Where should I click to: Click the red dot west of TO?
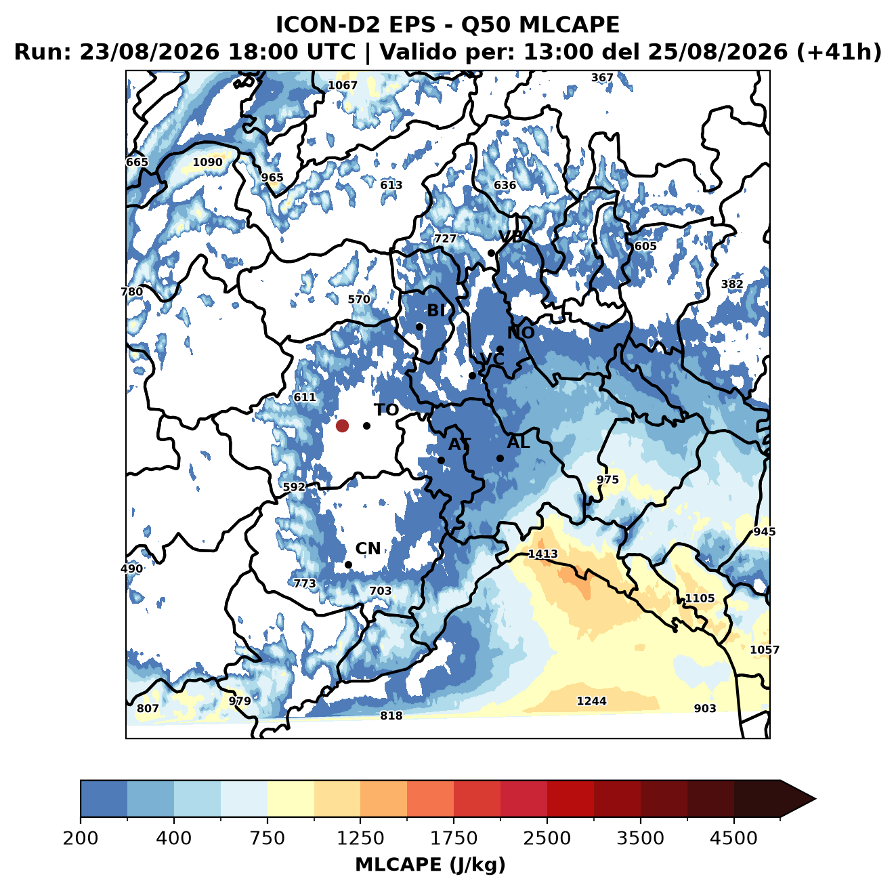pos(342,426)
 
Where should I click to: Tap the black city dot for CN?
pos(348,564)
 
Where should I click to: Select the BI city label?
pos(435,310)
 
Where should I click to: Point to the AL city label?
pos(518,442)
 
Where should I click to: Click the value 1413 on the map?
pos(542,554)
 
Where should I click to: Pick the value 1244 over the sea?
pos(591,701)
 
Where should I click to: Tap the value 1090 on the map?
pos(207,162)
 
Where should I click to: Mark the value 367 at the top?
pos(602,78)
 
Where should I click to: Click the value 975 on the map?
pos(607,479)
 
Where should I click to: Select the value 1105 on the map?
pos(700,598)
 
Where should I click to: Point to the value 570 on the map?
pos(359,299)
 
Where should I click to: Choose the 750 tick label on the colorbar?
pos(267,838)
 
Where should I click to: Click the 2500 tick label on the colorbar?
pos(547,838)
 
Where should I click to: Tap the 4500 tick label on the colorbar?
pos(733,838)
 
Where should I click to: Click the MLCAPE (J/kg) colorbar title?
pos(430,865)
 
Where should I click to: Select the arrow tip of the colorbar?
pos(815,800)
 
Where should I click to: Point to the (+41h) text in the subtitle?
pos(839,51)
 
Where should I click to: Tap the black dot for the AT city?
pos(441,460)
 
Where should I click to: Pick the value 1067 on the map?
pos(342,85)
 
